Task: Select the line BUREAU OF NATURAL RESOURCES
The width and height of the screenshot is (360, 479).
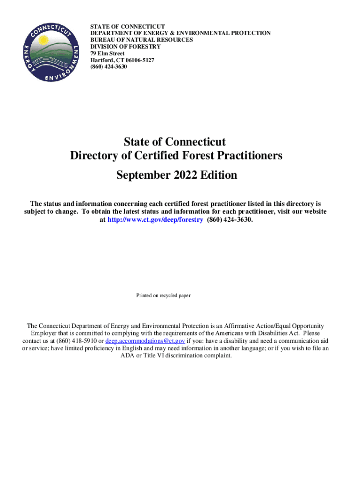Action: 142,40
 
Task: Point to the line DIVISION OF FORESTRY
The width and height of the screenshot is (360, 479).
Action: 125,47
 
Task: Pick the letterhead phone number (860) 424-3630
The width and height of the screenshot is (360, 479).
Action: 108,67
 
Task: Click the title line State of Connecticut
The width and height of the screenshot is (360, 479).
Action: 175,141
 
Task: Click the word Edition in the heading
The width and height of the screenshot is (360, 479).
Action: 218,175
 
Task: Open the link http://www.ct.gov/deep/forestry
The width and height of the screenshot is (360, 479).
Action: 156,219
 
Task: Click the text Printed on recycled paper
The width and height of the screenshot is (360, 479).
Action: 163,296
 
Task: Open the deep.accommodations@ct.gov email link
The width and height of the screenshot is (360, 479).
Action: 145,341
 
